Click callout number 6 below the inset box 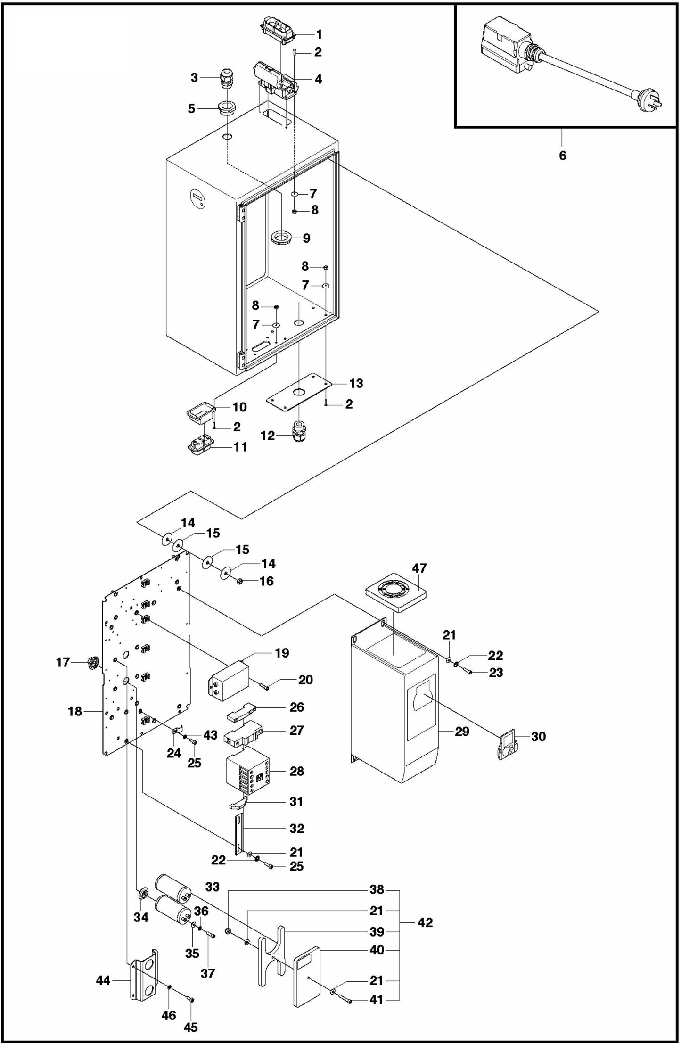pyautogui.click(x=562, y=155)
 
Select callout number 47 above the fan pyautogui.click(x=419, y=568)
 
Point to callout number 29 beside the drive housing pyautogui.click(x=462, y=731)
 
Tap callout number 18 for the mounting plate pyautogui.click(x=75, y=711)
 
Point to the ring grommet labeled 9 pyautogui.click(x=282, y=237)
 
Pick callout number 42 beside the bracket pyautogui.click(x=425, y=922)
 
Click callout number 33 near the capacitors pyautogui.click(x=212, y=887)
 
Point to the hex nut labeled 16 pyautogui.click(x=239, y=581)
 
